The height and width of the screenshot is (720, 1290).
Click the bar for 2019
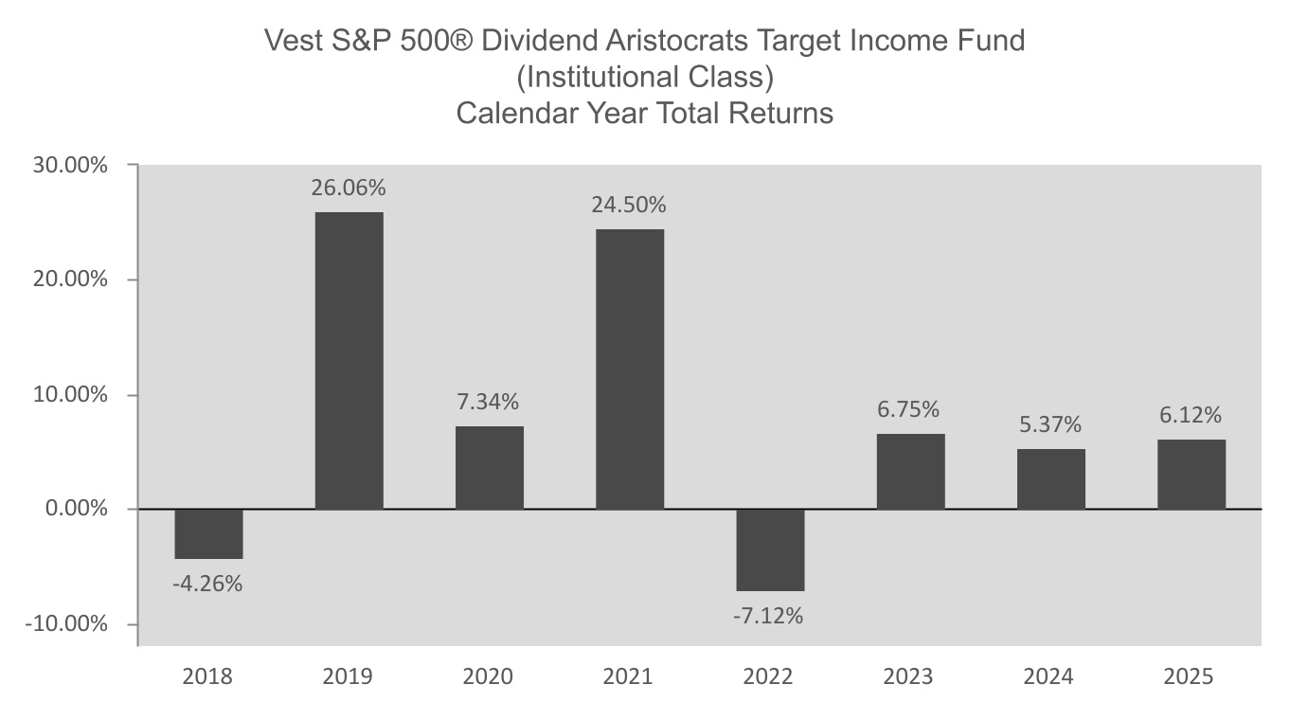[x=349, y=361]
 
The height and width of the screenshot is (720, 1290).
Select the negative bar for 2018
[x=208, y=533]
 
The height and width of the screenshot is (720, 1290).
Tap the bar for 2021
[x=630, y=369]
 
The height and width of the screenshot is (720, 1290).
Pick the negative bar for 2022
[x=770, y=549]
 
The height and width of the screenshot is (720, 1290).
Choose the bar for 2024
[x=1050, y=478]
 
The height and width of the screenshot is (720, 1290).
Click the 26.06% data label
[x=349, y=188]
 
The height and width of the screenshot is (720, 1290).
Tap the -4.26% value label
[x=207, y=584]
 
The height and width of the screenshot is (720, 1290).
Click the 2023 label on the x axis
[x=907, y=676]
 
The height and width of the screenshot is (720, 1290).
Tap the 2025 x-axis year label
[x=1189, y=676]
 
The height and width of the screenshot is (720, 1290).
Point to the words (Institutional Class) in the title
[x=644, y=77]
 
